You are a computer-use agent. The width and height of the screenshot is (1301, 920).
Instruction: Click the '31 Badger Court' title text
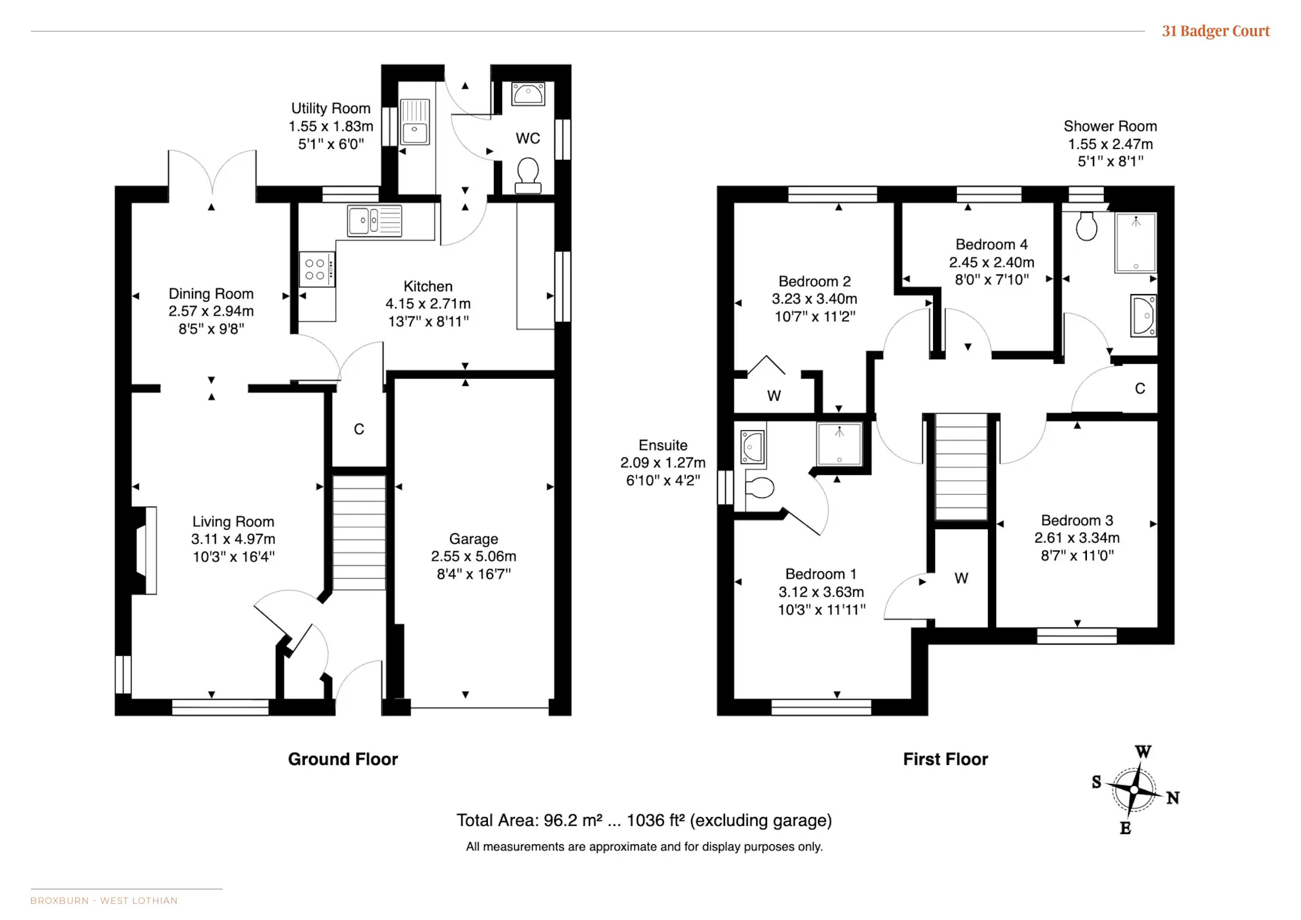[x=1216, y=31]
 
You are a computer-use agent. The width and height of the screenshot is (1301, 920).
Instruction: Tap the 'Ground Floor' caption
[x=343, y=759]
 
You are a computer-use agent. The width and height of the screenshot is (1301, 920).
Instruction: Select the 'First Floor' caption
[x=945, y=759]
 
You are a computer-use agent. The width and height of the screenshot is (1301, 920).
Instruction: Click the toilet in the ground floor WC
[x=528, y=175]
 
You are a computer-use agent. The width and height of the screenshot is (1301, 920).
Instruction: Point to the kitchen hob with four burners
[x=316, y=269]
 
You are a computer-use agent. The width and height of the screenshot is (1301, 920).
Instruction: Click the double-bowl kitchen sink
[x=375, y=221]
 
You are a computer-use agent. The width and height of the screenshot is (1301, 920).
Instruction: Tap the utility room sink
[x=415, y=122]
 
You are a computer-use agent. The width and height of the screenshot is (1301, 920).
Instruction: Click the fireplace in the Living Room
[x=144, y=551]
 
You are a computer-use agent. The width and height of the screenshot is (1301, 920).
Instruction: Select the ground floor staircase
[x=359, y=532]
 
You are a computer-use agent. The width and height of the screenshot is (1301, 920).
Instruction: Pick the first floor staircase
[x=961, y=467]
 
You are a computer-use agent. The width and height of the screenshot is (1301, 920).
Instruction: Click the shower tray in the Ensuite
[x=840, y=444]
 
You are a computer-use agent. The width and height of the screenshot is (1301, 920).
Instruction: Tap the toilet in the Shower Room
[x=1086, y=226]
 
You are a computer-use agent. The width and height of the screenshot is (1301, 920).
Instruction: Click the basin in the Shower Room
[x=1144, y=315]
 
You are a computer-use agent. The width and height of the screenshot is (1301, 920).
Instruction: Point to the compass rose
[x=1135, y=790]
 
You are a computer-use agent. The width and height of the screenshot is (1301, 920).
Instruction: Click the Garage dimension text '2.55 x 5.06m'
[x=474, y=556]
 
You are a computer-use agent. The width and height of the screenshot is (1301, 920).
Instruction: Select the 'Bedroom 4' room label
[x=991, y=245]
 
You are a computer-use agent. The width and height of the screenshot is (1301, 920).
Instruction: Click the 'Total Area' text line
[x=644, y=820]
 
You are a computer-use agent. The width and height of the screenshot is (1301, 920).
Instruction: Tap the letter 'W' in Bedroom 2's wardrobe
[x=774, y=396]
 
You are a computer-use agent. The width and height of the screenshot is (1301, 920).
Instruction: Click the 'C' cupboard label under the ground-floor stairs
[x=359, y=429]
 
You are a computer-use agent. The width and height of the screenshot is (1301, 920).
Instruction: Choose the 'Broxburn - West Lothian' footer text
[x=104, y=900]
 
